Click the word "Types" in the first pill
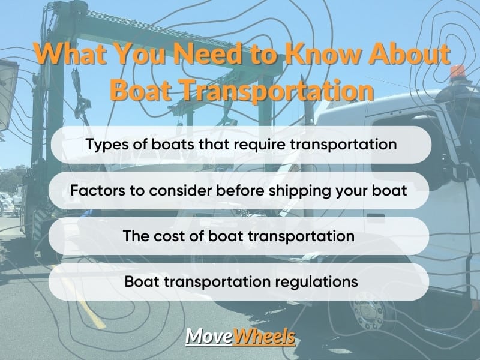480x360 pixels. pos(107,145)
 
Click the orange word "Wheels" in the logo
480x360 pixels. pos(264,337)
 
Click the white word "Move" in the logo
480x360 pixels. pos(209,337)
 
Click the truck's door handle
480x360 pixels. pos(376,217)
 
